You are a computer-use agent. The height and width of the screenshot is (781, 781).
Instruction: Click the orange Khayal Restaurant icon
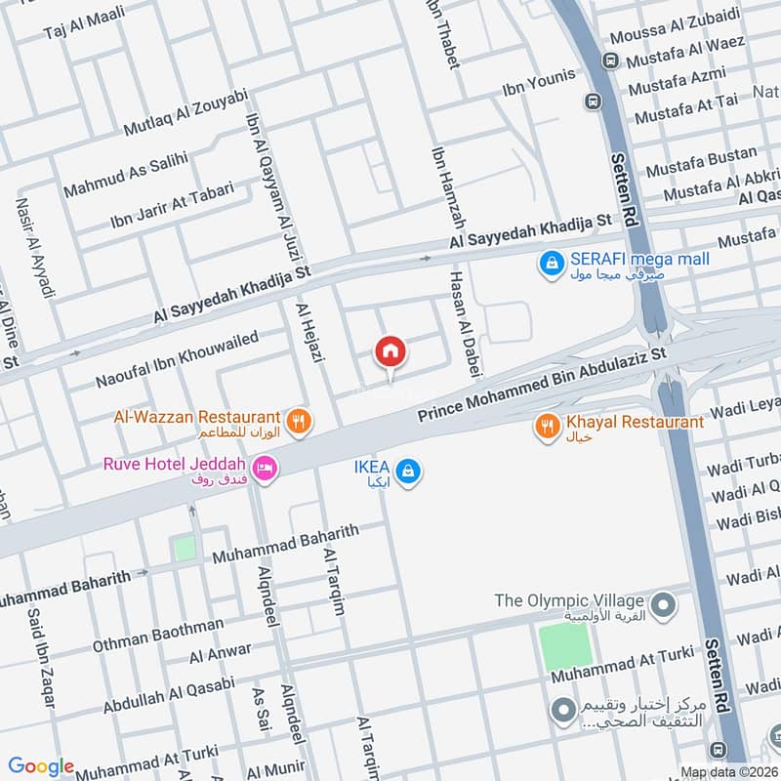(547, 425)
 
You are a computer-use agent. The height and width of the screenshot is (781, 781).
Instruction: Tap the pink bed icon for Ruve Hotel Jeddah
(265, 470)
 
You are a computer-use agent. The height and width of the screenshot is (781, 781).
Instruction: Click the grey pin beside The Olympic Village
(663, 604)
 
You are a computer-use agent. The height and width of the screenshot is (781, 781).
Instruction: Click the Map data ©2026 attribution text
(727, 772)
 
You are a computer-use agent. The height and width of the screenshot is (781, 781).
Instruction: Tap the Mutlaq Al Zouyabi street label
(185, 114)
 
